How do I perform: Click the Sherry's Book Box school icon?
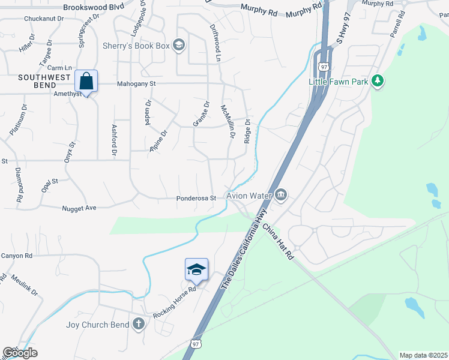pos(178,46)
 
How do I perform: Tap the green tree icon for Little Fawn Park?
pos(378,81)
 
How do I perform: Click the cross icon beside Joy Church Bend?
pos(139,325)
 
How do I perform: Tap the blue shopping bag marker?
pos(86,81)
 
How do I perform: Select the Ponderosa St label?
pos(196,199)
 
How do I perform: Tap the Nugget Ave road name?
pos(79,208)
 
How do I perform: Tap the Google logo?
pos(20,353)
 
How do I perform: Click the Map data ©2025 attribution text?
pos(423,355)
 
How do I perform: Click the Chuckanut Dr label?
pos(44,19)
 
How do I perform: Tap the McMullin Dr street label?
pos(227,122)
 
